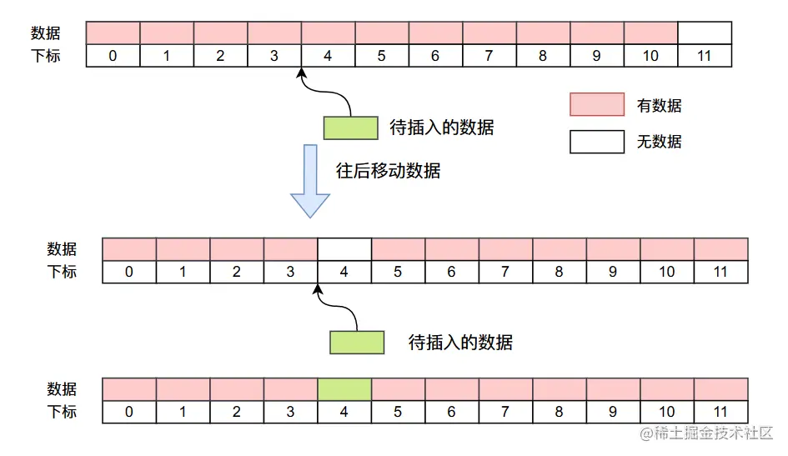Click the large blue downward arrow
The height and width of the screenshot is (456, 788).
[310, 180]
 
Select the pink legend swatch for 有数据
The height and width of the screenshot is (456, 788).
[597, 104]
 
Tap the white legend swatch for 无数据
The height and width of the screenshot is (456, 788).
[597, 142]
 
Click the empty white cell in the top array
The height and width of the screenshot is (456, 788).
[705, 33]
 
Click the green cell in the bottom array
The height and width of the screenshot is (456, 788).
[344, 388]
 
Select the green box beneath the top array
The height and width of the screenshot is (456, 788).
[350, 128]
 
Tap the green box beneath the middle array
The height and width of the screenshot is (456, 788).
[357, 343]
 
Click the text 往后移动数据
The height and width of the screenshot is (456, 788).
[388, 171]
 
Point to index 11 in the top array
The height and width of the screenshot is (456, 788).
[705, 56]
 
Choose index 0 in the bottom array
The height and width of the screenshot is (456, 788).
[128, 411]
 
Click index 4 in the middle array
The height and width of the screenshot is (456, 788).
[344, 272]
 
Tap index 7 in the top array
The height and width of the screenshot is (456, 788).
[489, 56]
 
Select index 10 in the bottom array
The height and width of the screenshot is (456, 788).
[667, 411]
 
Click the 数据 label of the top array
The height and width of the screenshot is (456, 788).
[46, 33]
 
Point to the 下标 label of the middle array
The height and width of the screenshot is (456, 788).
[62, 271]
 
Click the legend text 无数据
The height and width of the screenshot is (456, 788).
[659, 142]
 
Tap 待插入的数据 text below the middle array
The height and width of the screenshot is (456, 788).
[460, 343]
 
